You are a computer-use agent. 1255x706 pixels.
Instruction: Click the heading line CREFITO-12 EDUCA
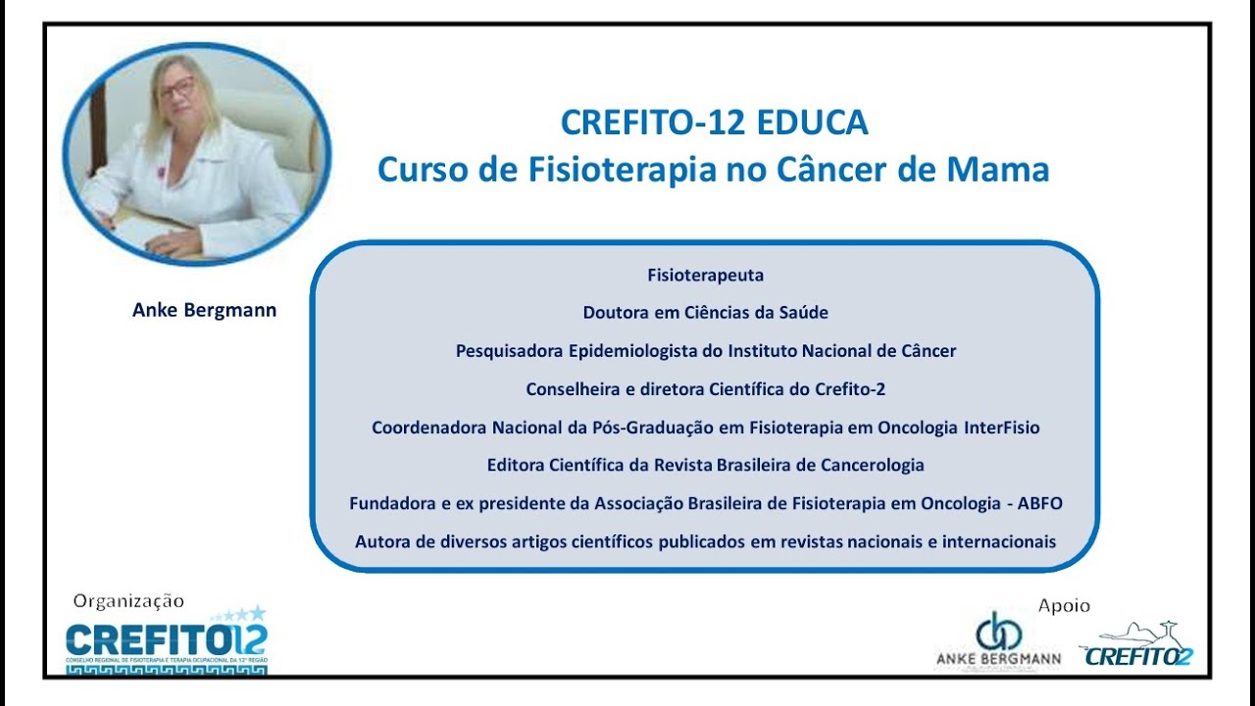(714, 123)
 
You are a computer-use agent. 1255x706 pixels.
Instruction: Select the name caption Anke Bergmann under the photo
(204, 310)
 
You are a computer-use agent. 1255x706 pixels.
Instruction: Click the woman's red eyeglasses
(176, 88)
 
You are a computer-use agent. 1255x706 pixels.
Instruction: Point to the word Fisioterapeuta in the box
(705, 276)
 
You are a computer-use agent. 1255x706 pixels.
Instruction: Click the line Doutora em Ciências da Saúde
(705, 313)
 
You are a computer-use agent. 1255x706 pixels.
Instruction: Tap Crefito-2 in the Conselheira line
(850, 388)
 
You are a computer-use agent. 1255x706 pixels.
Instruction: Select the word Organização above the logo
(128, 601)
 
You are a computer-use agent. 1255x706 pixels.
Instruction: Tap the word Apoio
(1064, 606)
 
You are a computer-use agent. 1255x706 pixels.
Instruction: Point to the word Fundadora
(391, 503)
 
